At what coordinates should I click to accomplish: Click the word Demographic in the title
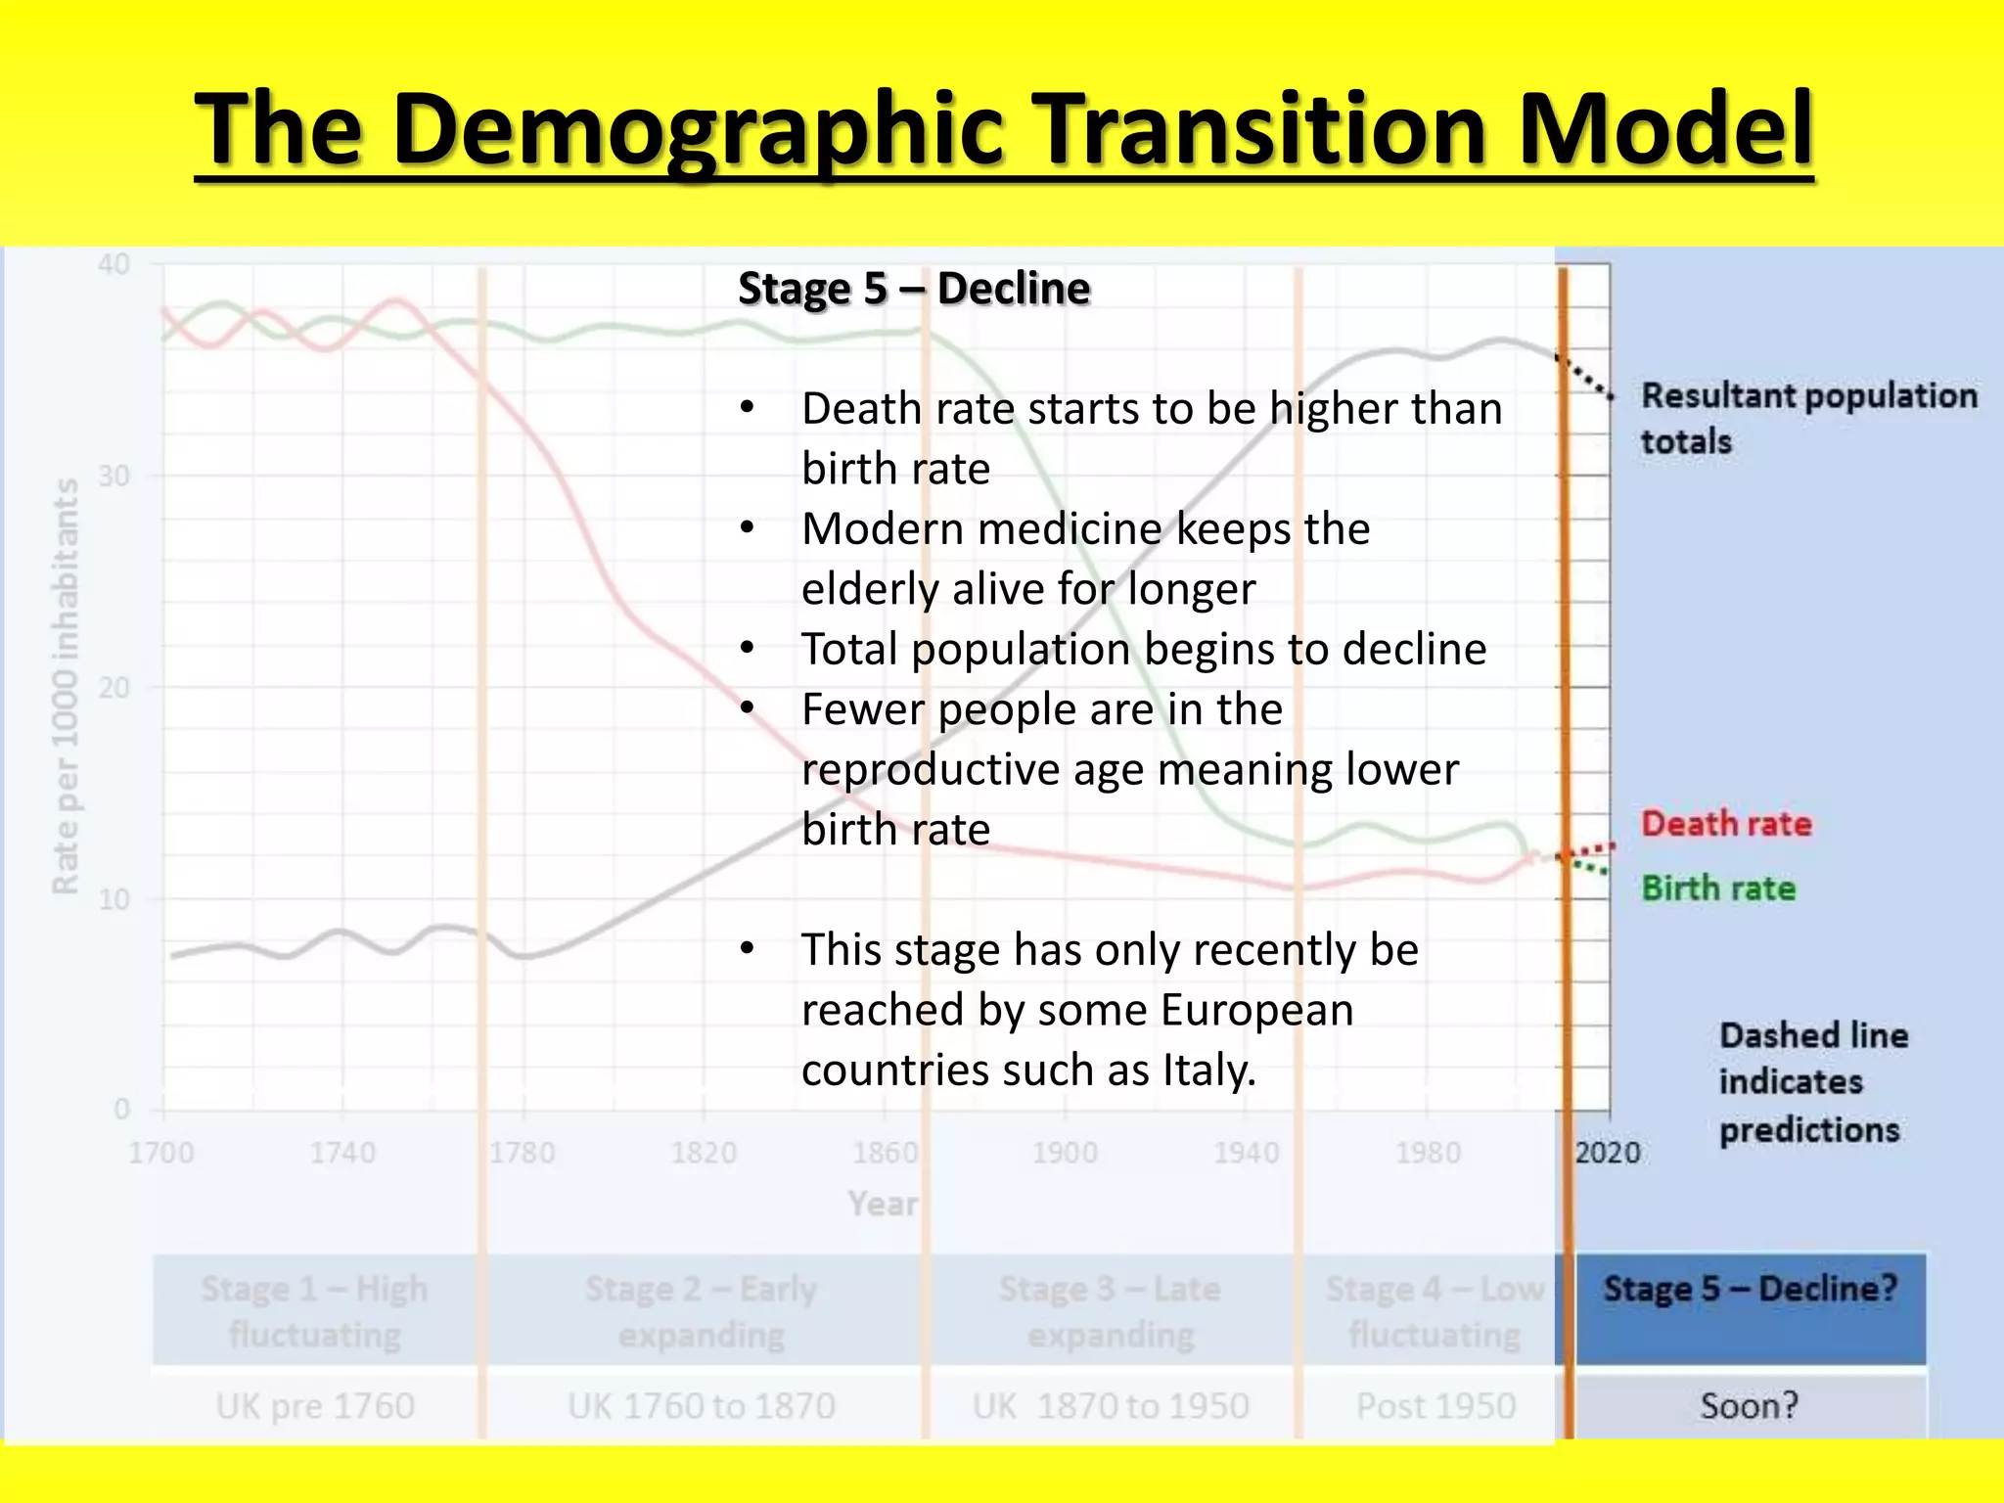coord(699,130)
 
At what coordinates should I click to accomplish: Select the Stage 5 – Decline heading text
coord(913,289)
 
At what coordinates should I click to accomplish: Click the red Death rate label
coord(1726,824)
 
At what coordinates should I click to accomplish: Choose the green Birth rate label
coord(1718,888)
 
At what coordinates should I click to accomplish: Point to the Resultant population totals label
coord(1808,418)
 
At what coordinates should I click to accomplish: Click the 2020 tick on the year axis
coord(1607,1153)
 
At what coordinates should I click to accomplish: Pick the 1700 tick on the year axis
coord(161,1153)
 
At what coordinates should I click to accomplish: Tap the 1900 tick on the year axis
coord(1065,1153)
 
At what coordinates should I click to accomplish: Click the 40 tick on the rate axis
coord(114,264)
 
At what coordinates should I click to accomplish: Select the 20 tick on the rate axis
coord(114,688)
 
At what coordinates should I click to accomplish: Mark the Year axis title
coord(883,1204)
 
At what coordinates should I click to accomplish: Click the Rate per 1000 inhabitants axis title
coord(65,685)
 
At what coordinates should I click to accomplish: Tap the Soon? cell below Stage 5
coord(1750,1406)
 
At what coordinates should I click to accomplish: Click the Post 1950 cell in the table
coord(1435,1406)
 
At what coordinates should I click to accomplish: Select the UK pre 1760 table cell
coord(315,1406)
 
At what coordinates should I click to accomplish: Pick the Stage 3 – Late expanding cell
coord(1111,1311)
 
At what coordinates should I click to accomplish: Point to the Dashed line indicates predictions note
coord(1812,1082)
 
